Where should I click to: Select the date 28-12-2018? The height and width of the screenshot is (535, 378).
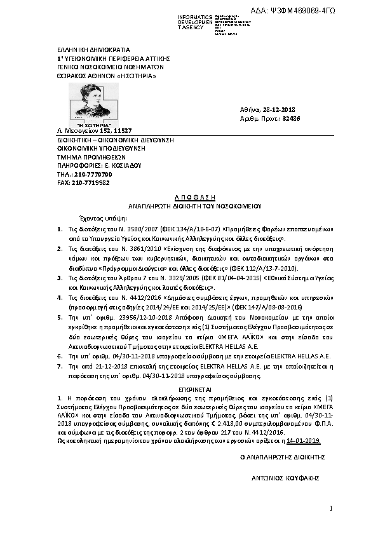click(x=283, y=109)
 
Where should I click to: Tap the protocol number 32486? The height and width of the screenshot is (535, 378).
click(x=291, y=118)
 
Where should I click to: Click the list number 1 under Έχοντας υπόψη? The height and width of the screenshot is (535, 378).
click(x=60, y=227)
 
